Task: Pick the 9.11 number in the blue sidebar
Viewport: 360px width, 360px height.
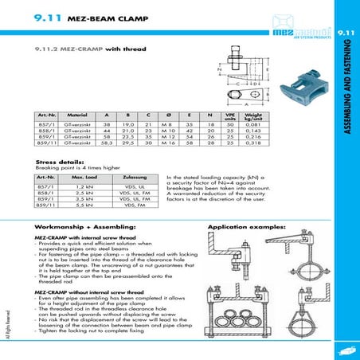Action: coord(346,32)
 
